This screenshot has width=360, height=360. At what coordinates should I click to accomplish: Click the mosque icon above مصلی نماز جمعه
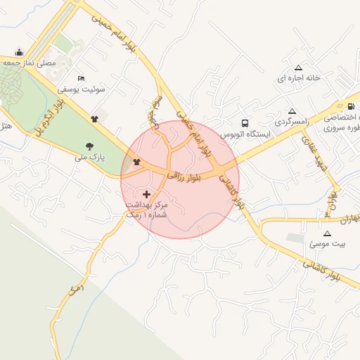[x=19, y=51]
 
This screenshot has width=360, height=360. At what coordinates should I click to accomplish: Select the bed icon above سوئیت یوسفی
[x=82, y=78]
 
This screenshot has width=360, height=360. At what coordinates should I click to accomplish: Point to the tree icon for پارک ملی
[x=89, y=146]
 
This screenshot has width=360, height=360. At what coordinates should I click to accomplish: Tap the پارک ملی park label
[x=90, y=158]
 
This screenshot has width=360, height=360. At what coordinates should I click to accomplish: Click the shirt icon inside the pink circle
[x=136, y=162]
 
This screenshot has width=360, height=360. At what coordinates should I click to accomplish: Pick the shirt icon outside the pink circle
[x=95, y=119]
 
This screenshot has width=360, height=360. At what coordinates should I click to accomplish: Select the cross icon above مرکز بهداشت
[x=146, y=193]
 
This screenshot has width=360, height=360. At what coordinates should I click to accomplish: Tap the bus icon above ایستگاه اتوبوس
[x=244, y=122]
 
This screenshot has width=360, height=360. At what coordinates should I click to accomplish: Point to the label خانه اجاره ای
[x=298, y=78]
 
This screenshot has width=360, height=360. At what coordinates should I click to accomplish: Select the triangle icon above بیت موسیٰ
[x=327, y=233]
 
